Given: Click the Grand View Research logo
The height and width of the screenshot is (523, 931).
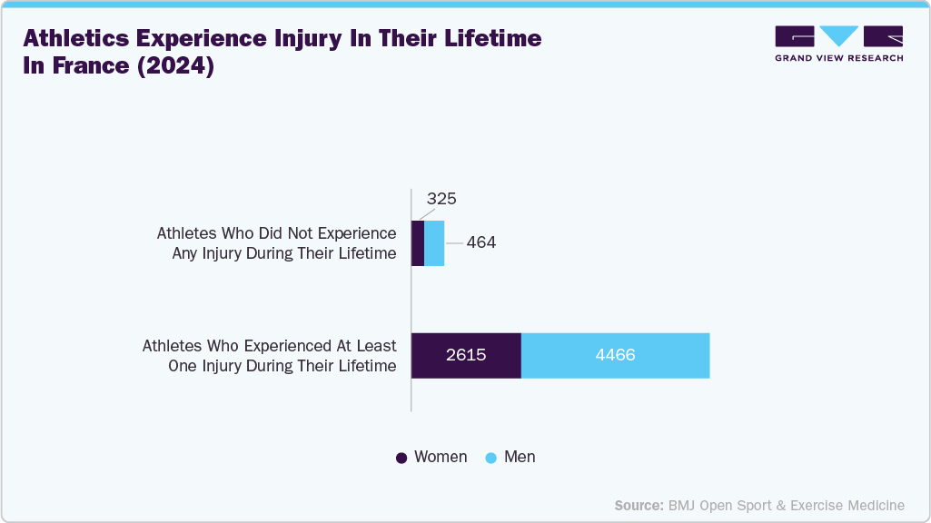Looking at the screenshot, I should pyautogui.click(x=838, y=44).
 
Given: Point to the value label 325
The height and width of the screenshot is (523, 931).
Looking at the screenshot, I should pyautogui.click(x=441, y=199).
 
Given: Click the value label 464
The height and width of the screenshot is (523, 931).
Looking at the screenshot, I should pyautogui.click(x=481, y=243).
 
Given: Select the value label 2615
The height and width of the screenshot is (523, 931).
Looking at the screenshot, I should pyautogui.click(x=466, y=355).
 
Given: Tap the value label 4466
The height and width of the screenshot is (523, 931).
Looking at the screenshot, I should pyautogui.click(x=615, y=355).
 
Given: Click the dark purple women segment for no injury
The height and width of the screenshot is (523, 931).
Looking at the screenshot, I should pyautogui.click(x=418, y=243).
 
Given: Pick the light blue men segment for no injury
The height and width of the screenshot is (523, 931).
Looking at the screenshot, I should pyautogui.click(x=434, y=243).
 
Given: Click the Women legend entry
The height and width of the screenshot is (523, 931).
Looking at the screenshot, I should pyautogui.click(x=441, y=457).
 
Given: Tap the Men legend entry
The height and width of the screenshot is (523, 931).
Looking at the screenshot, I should pyautogui.click(x=520, y=457).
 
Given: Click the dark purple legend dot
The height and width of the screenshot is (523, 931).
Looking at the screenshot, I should pyautogui.click(x=401, y=458).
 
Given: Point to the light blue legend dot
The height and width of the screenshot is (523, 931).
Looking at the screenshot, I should pyautogui.click(x=491, y=458).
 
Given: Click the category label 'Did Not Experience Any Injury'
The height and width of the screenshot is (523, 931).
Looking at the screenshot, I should pyautogui.click(x=277, y=243).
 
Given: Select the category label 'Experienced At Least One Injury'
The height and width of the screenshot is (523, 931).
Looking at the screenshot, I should pyautogui.click(x=270, y=356).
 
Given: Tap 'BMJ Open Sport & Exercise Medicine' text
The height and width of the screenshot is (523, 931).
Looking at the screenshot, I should pyautogui.click(x=787, y=505).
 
